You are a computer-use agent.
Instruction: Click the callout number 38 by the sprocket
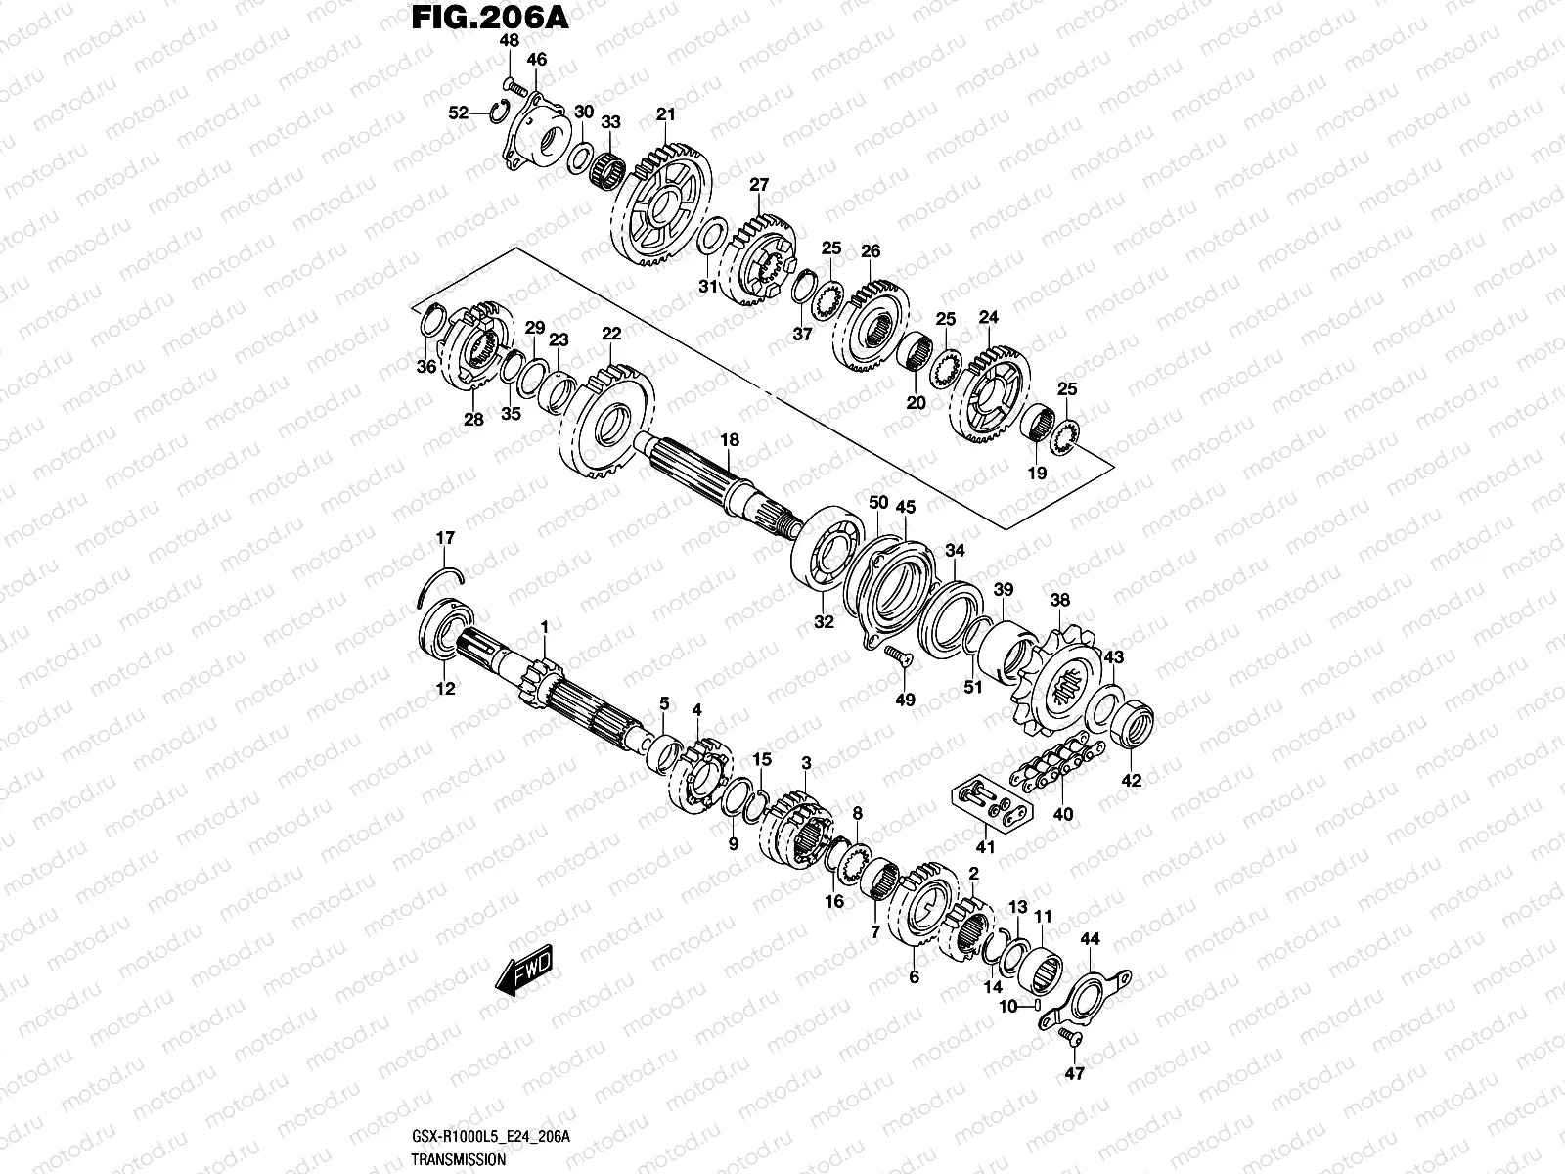click(1060, 600)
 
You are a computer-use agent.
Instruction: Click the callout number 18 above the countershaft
click(729, 440)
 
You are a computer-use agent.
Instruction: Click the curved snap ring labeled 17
click(437, 581)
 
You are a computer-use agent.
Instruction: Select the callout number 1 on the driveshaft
click(545, 626)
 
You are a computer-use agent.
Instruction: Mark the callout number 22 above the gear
click(611, 334)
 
